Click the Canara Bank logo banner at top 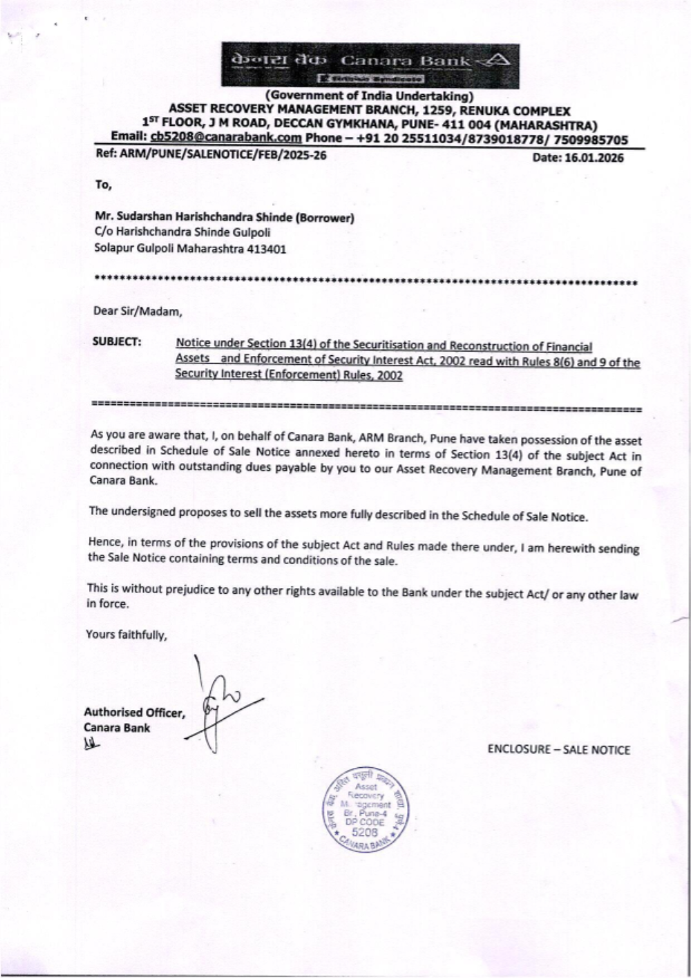[x=370, y=64]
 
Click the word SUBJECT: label [x=117, y=342]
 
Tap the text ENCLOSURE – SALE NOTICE [x=558, y=750]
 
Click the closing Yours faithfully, [x=126, y=634]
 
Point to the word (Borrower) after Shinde [x=325, y=218]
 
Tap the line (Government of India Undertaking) [x=370, y=96]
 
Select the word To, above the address [x=103, y=185]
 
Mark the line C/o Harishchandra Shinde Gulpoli [x=182, y=233]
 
